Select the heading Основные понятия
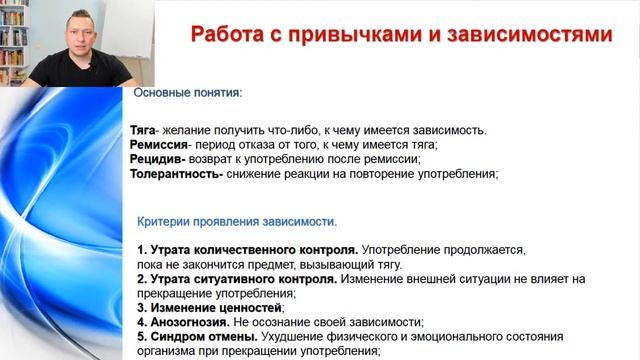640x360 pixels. click(x=187, y=93)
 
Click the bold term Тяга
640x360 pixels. click(x=144, y=130)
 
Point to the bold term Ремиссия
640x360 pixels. click(x=161, y=144)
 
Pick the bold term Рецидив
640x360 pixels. click(x=157, y=159)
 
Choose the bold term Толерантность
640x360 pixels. click(x=176, y=174)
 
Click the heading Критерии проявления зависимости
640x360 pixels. click(x=237, y=220)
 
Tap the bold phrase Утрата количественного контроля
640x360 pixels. click(x=252, y=249)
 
